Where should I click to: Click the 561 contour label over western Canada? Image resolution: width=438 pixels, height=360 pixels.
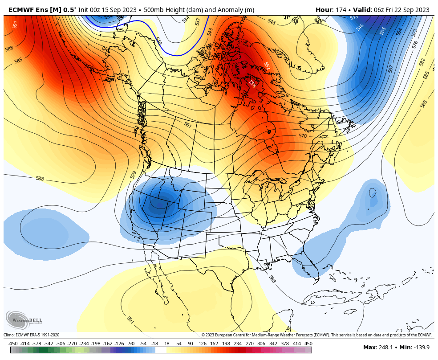(x=188, y=125)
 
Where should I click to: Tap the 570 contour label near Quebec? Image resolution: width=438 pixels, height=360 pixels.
(x=303, y=135)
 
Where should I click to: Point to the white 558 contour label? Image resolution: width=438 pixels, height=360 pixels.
(x=252, y=83)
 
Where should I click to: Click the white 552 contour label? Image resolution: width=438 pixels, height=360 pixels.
(x=267, y=65)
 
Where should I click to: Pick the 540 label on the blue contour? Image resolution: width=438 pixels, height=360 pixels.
(x=158, y=41)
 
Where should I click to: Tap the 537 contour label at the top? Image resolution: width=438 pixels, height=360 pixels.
(x=198, y=21)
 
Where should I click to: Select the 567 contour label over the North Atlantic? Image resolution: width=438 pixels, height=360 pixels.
(x=391, y=69)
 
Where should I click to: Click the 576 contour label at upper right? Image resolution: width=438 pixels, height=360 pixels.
(x=415, y=45)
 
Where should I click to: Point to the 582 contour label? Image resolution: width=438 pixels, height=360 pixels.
(x=422, y=61)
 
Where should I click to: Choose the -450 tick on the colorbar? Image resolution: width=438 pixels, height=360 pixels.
(x=13, y=344)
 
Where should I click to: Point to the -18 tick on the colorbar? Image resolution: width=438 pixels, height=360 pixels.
(x=155, y=344)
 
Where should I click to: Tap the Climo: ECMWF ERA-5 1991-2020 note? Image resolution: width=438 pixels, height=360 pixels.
(x=32, y=335)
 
